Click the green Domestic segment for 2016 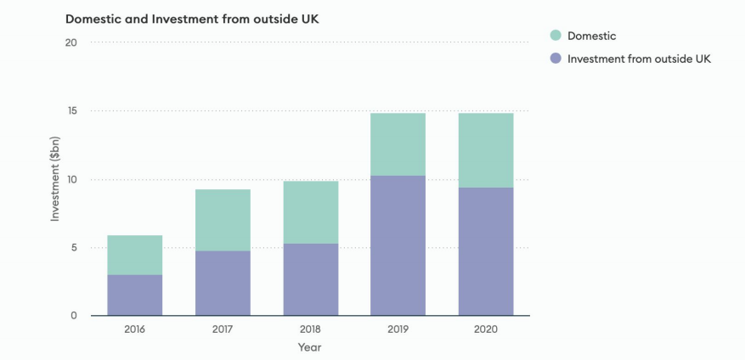tap(134, 255)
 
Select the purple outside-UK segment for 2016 tap(134, 295)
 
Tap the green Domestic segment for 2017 tap(223, 220)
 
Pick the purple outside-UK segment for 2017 tap(223, 283)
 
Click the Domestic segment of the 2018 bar tap(310, 212)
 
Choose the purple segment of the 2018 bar tap(310, 279)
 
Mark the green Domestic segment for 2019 tap(398, 144)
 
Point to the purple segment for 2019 tap(398, 245)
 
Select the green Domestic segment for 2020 tap(486, 150)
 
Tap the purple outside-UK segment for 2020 tap(486, 251)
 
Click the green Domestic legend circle tap(556, 36)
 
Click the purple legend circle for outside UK tap(556, 59)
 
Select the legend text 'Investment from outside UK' tap(638, 59)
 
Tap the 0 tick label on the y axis tap(74, 316)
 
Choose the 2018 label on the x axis tap(310, 329)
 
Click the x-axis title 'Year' tap(309, 347)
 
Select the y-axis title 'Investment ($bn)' tap(55, 179)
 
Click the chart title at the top tap(186, 18)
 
